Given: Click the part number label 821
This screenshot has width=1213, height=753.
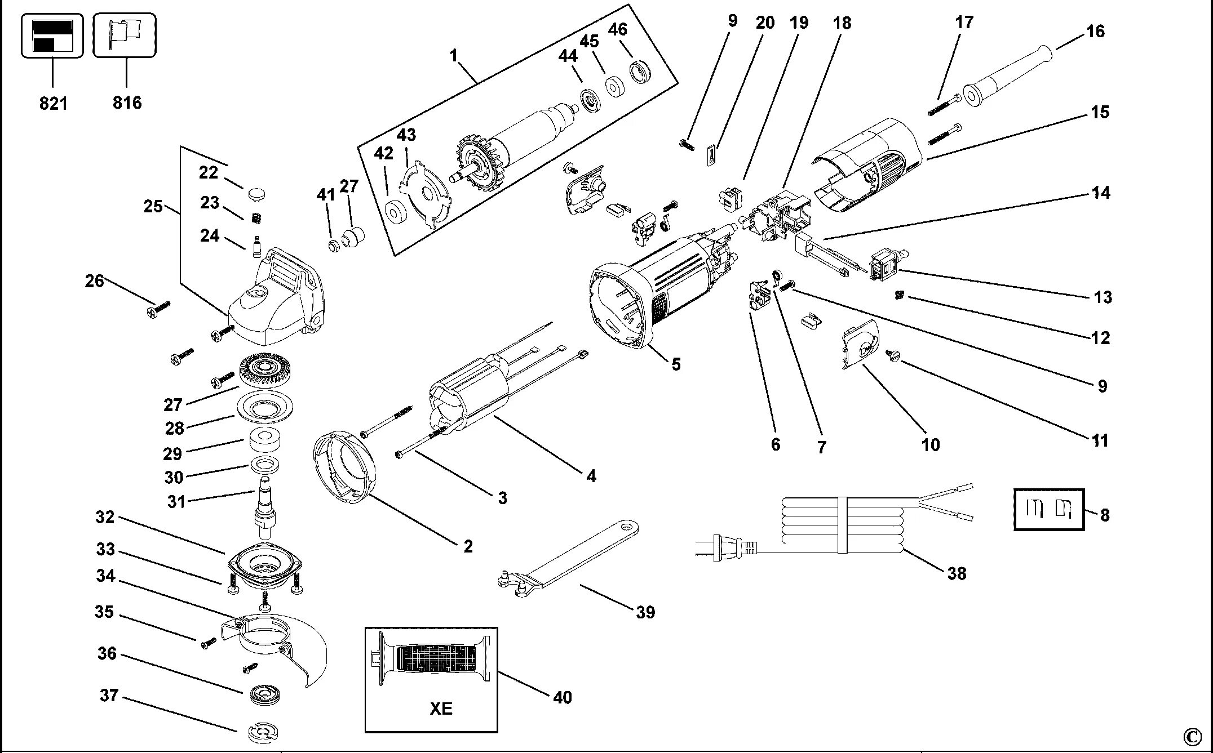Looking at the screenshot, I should pyautogui.click(x=53, y=104).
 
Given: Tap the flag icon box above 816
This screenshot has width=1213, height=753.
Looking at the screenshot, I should pyautogui.click(x=125, y=35).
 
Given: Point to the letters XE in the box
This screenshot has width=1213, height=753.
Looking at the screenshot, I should pyautogui.click(x=441, y=708).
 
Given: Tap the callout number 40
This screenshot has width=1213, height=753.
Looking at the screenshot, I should pyautogui.click(x=563, y=697).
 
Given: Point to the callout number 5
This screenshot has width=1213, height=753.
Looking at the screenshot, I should pyautogui.click(x=676, y=364).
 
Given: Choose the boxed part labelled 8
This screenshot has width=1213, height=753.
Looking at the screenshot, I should pyautogui.click(x=1048, y=509).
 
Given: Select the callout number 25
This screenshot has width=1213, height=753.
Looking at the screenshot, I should pyautogui.click(x=153, y=207).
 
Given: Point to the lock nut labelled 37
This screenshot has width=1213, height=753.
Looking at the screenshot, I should pyautogui.click(x=263, y=732).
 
